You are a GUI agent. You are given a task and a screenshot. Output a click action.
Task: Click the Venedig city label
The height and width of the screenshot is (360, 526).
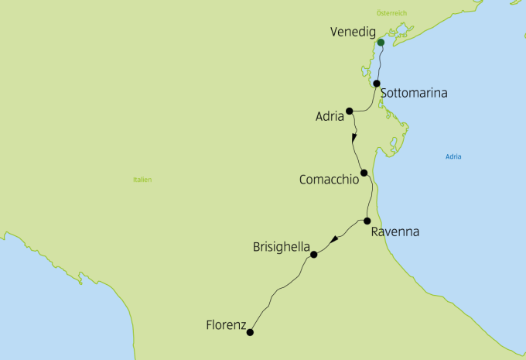coord(352,33)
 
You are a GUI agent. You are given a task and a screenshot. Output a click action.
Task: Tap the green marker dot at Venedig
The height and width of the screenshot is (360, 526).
coord(381,43)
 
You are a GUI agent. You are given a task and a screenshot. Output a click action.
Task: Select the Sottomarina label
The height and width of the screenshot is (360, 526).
coord(414,93)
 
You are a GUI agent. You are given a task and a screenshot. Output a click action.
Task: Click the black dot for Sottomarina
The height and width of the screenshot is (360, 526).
coord(377,84)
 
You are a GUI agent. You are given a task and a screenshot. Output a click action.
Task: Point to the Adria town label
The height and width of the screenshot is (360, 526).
coord(330,118)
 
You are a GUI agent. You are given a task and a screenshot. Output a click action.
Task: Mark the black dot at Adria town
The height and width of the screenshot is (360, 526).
coord(350,111)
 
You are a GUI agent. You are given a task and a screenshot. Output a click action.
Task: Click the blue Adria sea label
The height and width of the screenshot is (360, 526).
coord(453,157)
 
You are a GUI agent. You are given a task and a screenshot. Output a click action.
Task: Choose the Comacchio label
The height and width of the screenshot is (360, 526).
coord(329,180)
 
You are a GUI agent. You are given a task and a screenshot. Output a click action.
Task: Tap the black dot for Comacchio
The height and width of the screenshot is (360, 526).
coord(364,173)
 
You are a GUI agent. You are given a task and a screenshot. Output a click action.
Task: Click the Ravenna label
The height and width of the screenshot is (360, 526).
coord(394,231)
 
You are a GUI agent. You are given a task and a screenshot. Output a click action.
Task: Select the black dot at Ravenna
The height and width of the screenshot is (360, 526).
coord(367,221)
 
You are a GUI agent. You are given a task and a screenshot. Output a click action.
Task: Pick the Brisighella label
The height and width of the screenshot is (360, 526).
coord(281,247)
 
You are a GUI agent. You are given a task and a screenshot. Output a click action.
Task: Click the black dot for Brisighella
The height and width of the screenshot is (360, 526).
coord(314,255)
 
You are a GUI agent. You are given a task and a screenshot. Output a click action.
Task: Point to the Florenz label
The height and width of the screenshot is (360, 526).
coord(226,325)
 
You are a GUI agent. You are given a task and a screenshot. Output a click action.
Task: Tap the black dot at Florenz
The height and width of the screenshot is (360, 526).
coord(250,333)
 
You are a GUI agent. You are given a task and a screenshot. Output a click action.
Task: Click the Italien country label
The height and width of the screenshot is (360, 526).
coord(142,180)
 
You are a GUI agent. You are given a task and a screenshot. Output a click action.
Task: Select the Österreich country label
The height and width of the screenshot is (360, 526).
coord(391,13)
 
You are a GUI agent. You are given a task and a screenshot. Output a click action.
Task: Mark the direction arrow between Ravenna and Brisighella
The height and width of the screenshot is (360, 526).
coord(333,239)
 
